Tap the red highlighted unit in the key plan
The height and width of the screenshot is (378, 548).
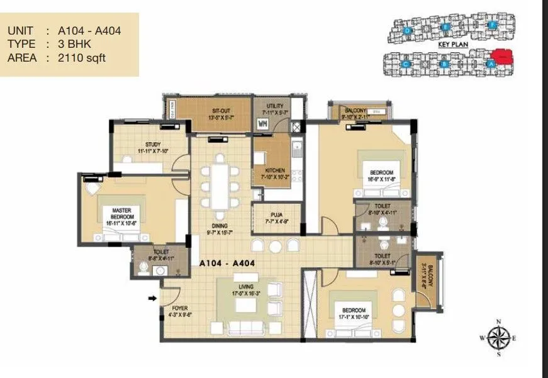click(x=501, y=57)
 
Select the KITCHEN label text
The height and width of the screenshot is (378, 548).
click(x=275, y=170)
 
